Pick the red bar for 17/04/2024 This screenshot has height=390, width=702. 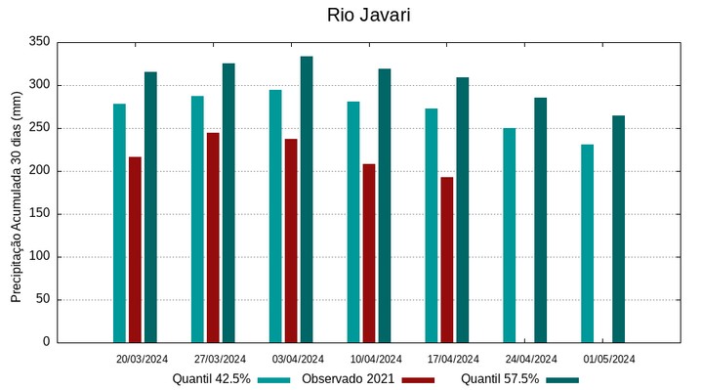click(447, 259)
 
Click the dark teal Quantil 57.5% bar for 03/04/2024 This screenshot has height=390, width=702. click(307, 199)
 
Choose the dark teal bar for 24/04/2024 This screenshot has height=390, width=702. click(540, 220)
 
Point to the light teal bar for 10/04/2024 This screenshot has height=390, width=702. click(353, 222)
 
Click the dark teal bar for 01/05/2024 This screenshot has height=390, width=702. click(618, 229)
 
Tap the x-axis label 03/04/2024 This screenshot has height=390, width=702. click(298, 359)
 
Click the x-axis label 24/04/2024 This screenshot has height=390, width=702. click(531, 359)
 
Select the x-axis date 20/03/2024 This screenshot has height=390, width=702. click(142, 359)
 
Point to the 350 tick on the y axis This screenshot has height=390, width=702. click(39, 42)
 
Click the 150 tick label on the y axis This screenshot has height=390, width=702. click(39, 214)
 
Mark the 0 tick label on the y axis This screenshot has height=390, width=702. click(46, 342)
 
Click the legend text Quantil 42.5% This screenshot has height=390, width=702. click(211, 379)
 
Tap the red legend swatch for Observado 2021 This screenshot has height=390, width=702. click(418, 379)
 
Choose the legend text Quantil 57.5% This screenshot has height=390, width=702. click(500, 379)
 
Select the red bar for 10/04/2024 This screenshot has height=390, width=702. click(369, 253)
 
